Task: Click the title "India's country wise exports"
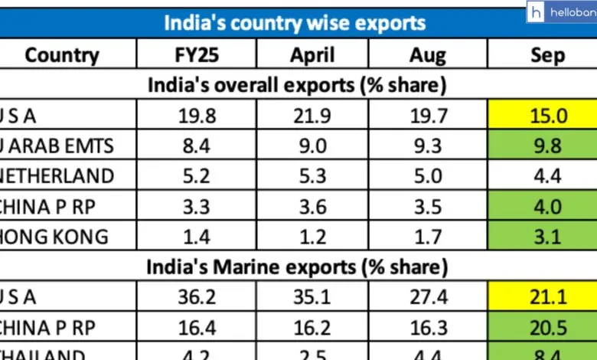tap(295, 21)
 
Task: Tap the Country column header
tap(62, 54)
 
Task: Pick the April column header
tap(312, 54)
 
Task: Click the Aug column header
tap(426, 54)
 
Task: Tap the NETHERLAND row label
tap(58, 176)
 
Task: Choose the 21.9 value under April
tap(312, 116)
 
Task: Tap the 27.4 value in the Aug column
tap(426, 296)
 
